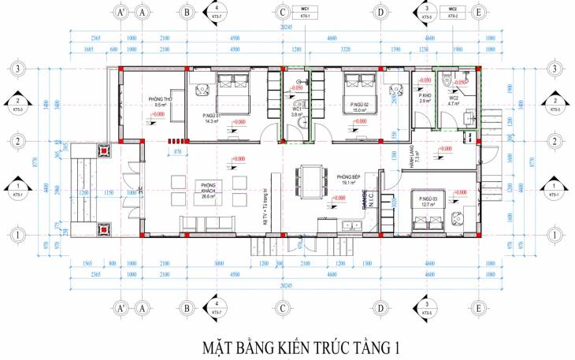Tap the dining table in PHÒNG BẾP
[313, 178]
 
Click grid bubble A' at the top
[121, 13]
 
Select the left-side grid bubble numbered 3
[17, 69]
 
